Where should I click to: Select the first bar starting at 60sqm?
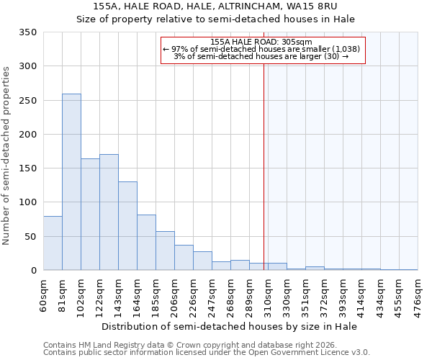tap(53, 243)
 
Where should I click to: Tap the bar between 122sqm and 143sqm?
tap(109, 212)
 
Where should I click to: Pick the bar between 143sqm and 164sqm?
tap(127, 226)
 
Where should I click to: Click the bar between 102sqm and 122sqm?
tap(90, 215)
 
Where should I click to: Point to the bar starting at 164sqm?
tap(146, 243)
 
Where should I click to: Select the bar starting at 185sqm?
tap(165, 251)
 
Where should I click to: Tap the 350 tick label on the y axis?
tap(27, 32)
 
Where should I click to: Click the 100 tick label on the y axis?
tap(27, 202)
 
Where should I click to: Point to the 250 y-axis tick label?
tap(27, 101)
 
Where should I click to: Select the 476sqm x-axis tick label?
tap(418, 296)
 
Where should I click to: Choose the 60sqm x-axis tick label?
tap(44, 294)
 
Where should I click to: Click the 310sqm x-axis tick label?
tap(268, 296)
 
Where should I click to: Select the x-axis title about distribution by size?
tap(230, 326)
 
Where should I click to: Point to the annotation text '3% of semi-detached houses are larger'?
tap(257, 56)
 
